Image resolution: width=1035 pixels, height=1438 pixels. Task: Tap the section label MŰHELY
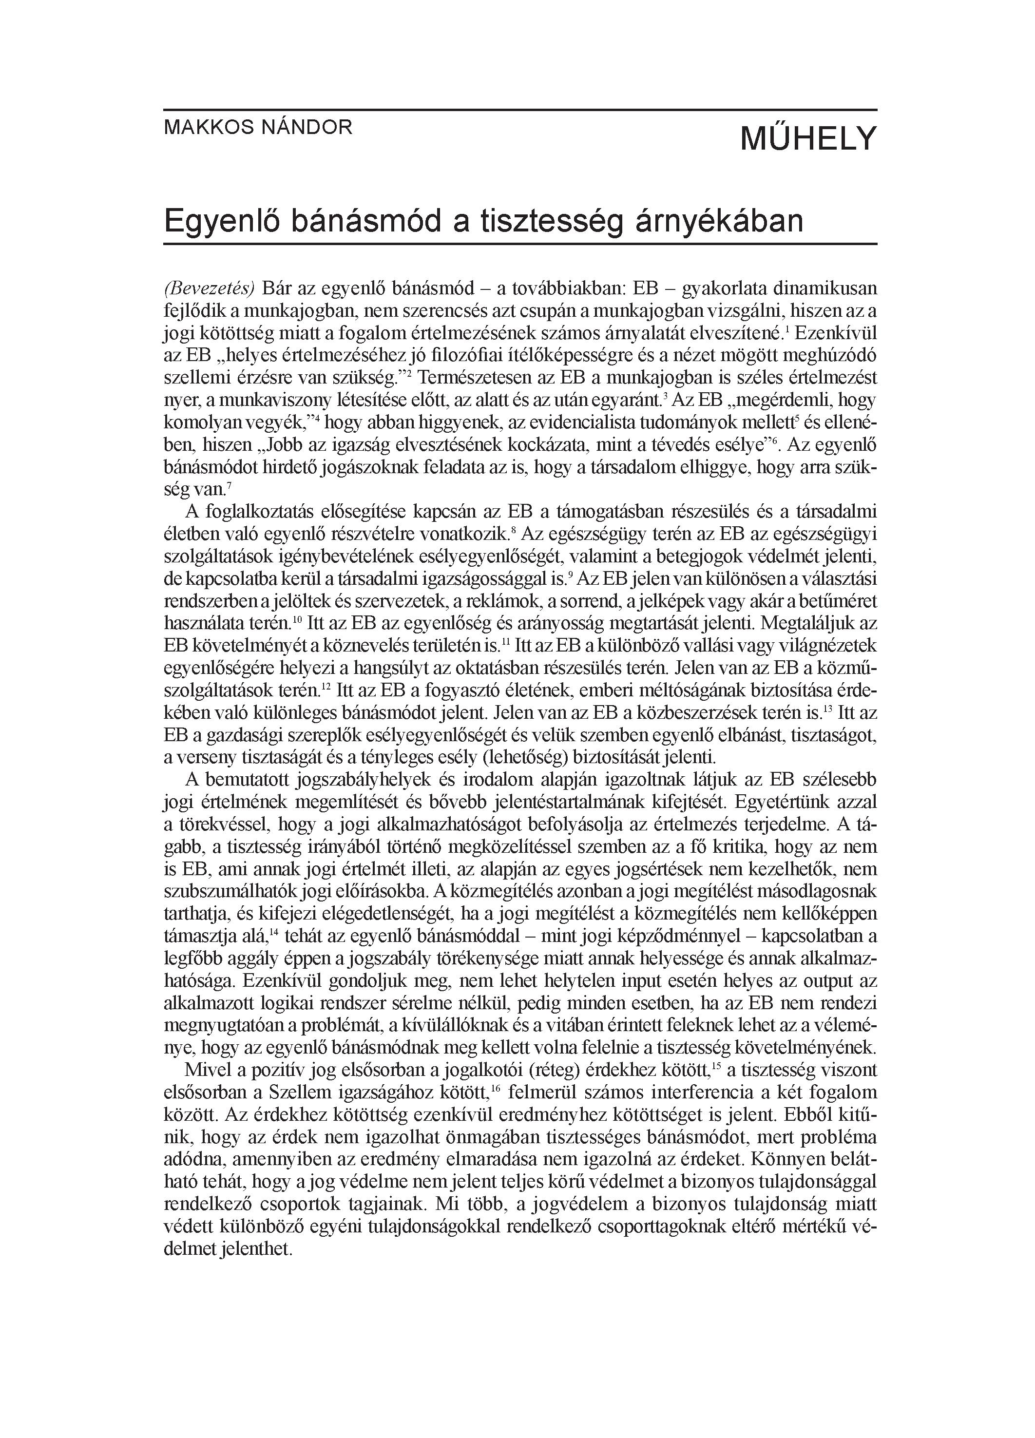(808, 138)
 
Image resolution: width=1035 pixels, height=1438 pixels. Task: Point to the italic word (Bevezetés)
(209, 289)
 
